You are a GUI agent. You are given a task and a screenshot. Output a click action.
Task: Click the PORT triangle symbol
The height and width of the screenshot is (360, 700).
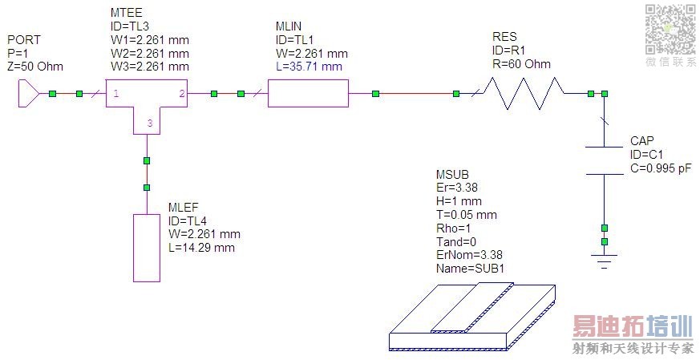pos(29,94)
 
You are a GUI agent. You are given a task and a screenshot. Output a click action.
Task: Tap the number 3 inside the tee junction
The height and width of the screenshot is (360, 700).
pos(150,123)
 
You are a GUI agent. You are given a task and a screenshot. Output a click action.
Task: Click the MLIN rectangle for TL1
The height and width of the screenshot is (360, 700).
pos(308,93)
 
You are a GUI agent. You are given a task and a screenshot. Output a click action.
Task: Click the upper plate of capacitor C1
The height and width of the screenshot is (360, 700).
pos(604,147)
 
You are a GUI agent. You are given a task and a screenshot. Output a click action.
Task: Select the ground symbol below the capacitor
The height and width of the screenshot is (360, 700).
pos(604,261)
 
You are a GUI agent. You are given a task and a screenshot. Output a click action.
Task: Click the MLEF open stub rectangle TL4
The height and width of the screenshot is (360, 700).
pos(147,248)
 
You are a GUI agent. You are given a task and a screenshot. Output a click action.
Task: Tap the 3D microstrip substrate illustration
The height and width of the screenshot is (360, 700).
pos(472,318)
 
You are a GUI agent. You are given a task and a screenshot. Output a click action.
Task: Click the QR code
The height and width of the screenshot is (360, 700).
pos(670,30)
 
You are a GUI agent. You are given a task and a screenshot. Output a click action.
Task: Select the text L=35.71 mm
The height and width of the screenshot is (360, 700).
pos(309,67)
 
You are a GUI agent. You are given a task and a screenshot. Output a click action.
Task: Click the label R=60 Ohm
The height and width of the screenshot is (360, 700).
pos(521,64)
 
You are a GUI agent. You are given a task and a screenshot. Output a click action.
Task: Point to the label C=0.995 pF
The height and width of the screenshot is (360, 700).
pos(661,168)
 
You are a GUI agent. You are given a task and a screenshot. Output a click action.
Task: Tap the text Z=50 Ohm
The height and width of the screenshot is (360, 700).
pos(35,67)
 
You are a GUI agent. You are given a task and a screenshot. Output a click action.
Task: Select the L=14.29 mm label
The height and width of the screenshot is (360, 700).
pos(201,248)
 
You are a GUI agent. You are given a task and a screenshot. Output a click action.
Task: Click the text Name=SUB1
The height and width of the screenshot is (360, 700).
pos(470,269)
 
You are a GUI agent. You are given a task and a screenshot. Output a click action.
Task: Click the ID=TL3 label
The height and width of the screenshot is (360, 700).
pos(129,26)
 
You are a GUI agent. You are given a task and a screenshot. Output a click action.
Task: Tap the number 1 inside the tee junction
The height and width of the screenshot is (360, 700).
pos(116,94)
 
